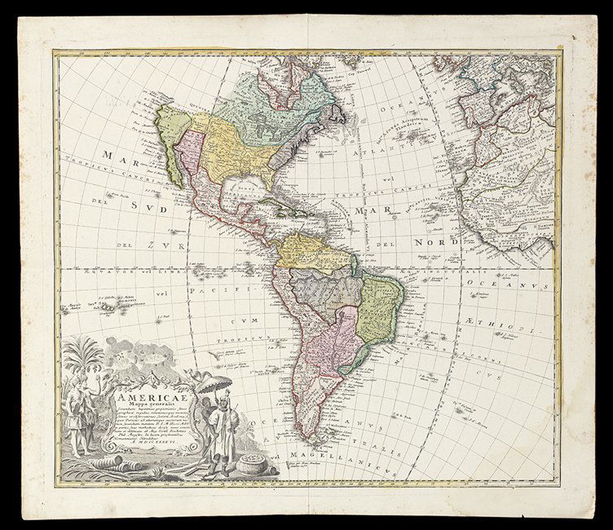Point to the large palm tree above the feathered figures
click(x=85, y=353)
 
